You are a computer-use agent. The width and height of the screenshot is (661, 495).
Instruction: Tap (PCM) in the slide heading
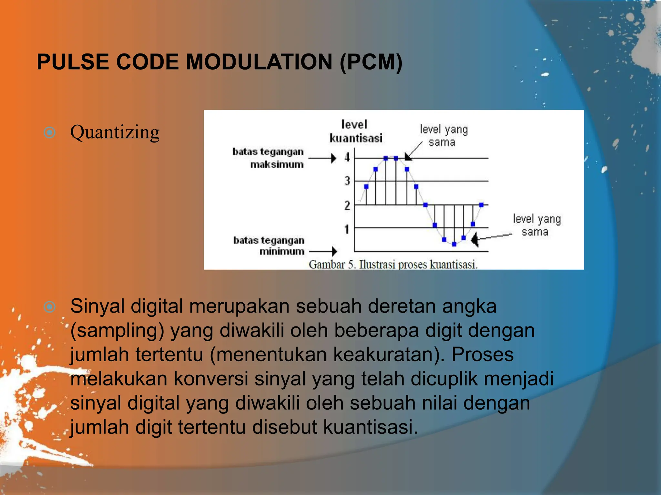pyautogui.click(x=371, y=62)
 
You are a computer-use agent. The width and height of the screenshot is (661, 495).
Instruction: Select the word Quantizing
pyautogui.click(x=115, y=132)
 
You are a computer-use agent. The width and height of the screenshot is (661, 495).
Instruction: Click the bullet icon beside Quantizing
pyautogui.click(x=49, y=132)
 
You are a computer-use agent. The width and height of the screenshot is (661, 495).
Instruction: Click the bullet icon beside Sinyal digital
pyautogui.click(x=49, y=307)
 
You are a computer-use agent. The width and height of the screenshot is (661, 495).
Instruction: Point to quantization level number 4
pyautogui.click(x=347, y=158)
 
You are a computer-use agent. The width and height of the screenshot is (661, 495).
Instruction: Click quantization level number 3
pyautogui.click(x=347, y=181)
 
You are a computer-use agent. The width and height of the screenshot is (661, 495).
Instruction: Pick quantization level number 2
pyautogui.click(x=347, y=205)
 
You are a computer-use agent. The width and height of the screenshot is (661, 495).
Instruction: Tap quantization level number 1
pyautogui.click(x=347, y=229)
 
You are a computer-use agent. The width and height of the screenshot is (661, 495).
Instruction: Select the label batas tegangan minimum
pyautogui.click(x=269, y=246)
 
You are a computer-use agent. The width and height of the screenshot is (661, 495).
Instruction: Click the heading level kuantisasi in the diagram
pyautogui.click(x=355, y=131)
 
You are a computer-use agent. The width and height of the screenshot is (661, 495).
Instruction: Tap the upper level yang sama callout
pyautogui.click(x=443, y=136)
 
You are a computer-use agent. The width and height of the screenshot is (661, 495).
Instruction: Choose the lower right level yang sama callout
pyautogui.click(x=536, y=225)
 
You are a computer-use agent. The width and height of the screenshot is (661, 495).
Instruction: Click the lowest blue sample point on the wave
pyautogui.click(x=454, y=244)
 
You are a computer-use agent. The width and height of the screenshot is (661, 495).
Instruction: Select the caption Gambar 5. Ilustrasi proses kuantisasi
pyautogui.click(x=393, y=265)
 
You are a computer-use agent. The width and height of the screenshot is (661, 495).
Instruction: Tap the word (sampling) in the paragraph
pyautogui.click(x=117, y=331)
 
